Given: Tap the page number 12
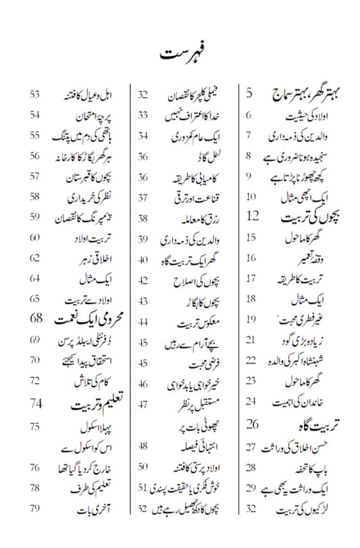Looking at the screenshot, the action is (x=253, y=216).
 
